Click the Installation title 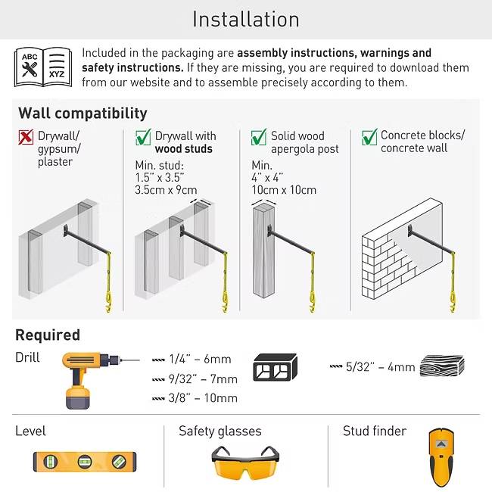[245, 19]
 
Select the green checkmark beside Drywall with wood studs [143, 137]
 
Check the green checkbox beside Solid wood [259, 137]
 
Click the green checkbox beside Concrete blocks [369, 137]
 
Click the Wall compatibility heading [83, 114]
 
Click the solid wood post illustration [264, 254]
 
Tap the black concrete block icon [274, 369]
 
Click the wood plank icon [441, 366]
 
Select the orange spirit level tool [78, 460]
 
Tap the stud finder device [440, 457]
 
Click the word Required [48, 335]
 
